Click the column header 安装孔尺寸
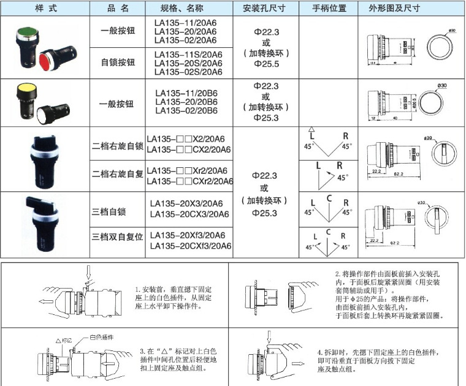pyautogui.click(x=265, y=9)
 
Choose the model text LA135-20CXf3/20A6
pyautogui.click(x=190, y=246)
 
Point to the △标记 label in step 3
pyautogui.click(x=65, y=339)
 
